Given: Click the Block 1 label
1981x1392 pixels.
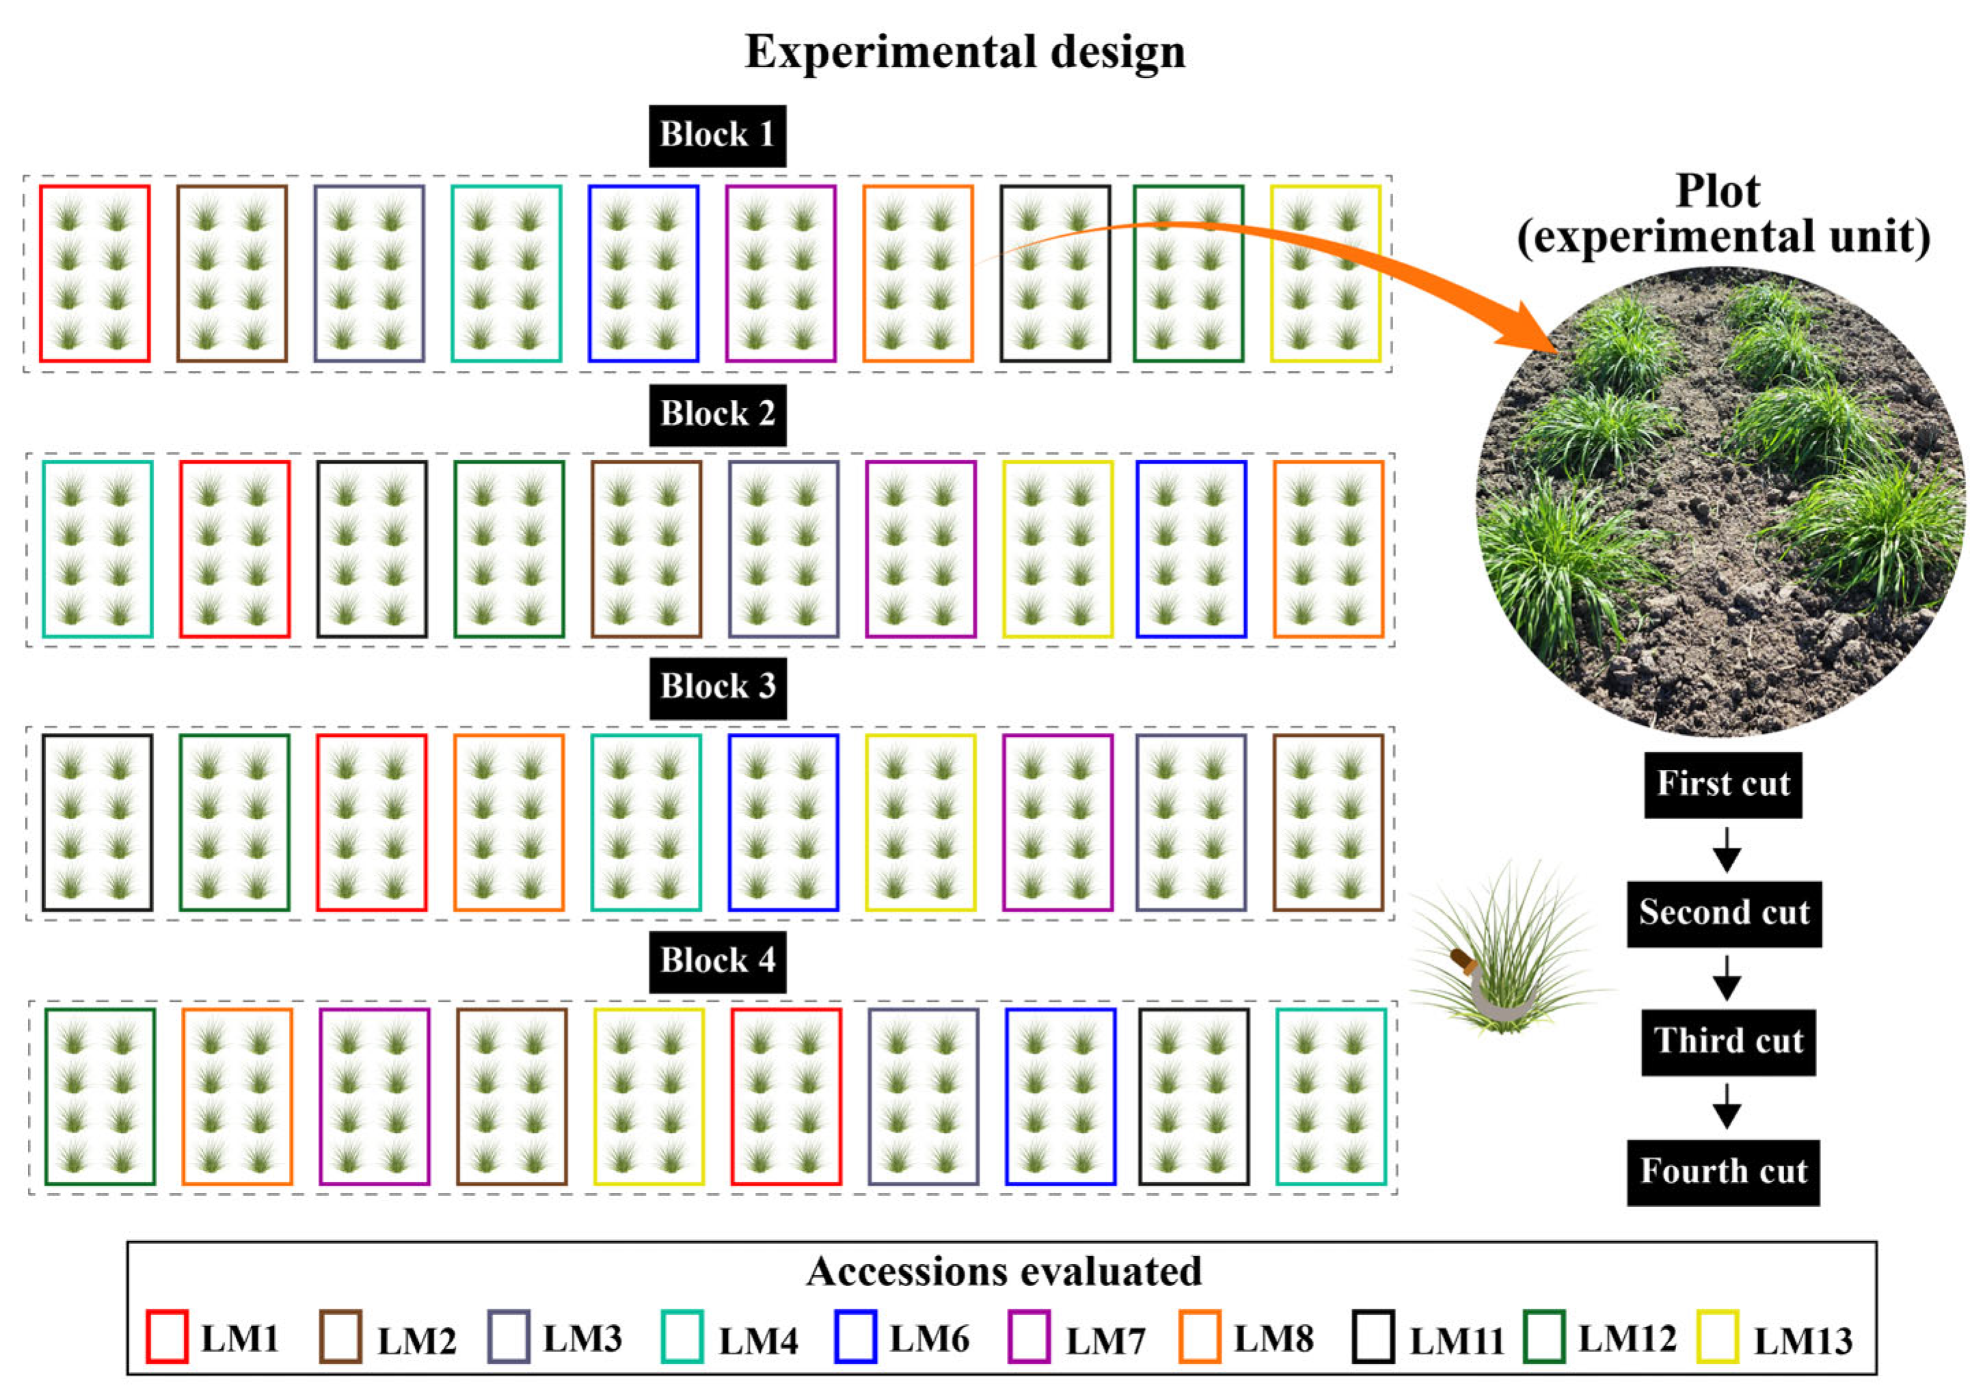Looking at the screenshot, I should coord(717,135).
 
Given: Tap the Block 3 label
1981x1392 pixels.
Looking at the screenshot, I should coord(717,687).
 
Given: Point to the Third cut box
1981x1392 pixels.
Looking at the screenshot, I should coord(1727,1042).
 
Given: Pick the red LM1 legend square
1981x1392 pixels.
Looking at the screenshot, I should coord(167,1337).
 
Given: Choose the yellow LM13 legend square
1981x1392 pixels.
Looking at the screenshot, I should coord(1717,1337).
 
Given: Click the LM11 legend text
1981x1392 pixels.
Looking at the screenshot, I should coord(1457,1340).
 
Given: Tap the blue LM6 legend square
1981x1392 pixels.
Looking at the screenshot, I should coord(855,1337).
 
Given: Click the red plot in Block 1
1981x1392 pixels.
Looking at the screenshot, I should coord(95,273).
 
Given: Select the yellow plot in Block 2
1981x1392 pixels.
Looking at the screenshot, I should coord(1057,550).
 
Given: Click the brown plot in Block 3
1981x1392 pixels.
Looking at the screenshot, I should coord(1328,822).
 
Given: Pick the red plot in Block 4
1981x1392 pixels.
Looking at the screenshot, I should coord(786,1096).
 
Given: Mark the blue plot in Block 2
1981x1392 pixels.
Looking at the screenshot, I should coord(1191,550).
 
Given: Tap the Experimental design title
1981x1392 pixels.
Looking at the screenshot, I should coord(965,52).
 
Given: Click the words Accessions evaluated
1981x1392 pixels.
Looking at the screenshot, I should coord(1003,1271).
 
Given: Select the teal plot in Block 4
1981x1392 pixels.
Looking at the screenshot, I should coord(1330,1096).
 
